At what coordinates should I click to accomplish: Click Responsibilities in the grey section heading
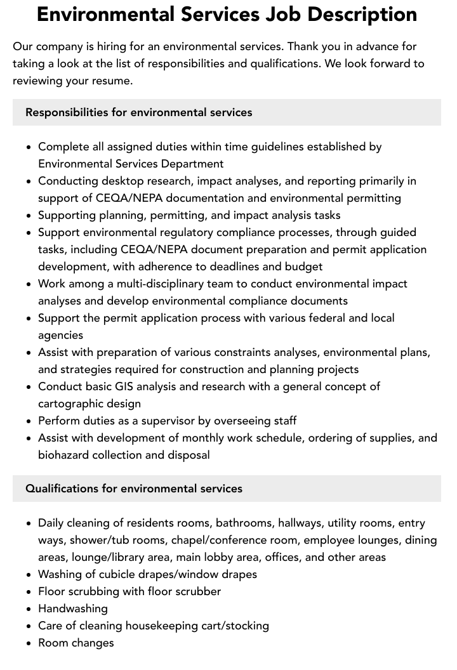point(67,112)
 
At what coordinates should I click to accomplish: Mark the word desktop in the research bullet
point(123,181)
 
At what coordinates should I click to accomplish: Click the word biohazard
point(65,455)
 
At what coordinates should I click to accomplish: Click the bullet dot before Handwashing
point(29,609)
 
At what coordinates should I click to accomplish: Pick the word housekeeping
point(171,626)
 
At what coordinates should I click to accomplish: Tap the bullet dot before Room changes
point(29,643)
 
